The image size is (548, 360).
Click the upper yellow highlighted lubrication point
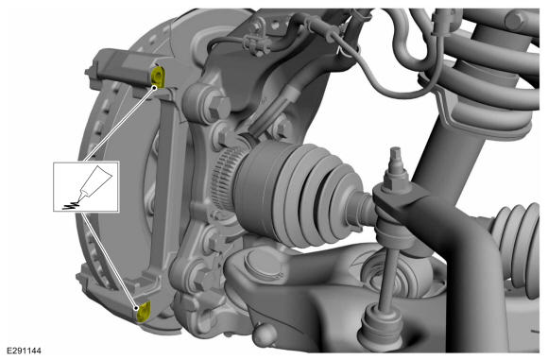point(157,77)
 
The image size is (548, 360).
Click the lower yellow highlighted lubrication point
point(144,312)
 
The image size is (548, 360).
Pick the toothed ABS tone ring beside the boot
point(226,179)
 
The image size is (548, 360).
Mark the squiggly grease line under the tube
point(72,205)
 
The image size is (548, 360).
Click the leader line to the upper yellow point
point(119,124)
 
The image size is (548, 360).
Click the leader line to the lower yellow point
point(110,261)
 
